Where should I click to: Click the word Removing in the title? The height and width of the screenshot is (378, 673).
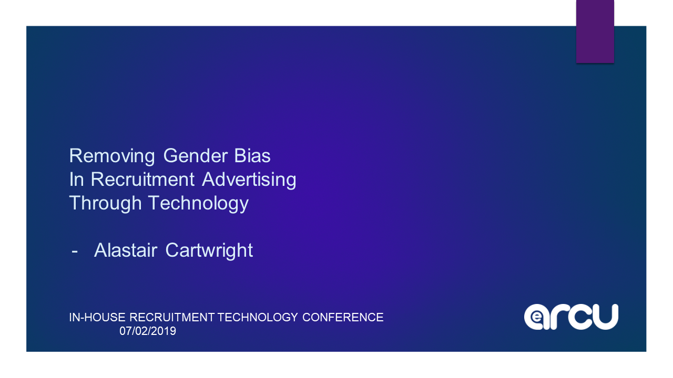click(x=112, y=156)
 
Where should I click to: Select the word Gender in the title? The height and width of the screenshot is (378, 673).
click(x=195, y=156)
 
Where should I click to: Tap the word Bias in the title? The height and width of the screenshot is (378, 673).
click(x=252, y=156)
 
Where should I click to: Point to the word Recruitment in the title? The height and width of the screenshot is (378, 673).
click(x=142, y=180)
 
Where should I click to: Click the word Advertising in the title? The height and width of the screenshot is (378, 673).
click(x=249, y=180)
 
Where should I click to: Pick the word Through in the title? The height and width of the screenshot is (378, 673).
click(x=106, y=204)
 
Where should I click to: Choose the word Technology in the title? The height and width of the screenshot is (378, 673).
click(x=199, y=204)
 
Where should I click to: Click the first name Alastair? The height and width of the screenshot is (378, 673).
click(x=126, y=250)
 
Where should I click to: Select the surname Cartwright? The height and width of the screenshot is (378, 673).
click(x=209, y=251)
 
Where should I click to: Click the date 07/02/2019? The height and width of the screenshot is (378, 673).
click(x=148, y=331)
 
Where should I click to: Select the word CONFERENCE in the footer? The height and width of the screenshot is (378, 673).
click(x=343, y=318)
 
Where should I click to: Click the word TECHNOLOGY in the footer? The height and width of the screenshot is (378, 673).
click(x=258, y=318)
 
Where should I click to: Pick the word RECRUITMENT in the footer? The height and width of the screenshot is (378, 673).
click(x=172, y=318)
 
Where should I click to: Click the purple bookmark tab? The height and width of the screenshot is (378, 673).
click(x=595, y=31)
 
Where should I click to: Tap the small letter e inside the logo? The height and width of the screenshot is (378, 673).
click(x=536, y=317)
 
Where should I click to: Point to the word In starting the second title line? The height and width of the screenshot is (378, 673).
click(x=76, y=180)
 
